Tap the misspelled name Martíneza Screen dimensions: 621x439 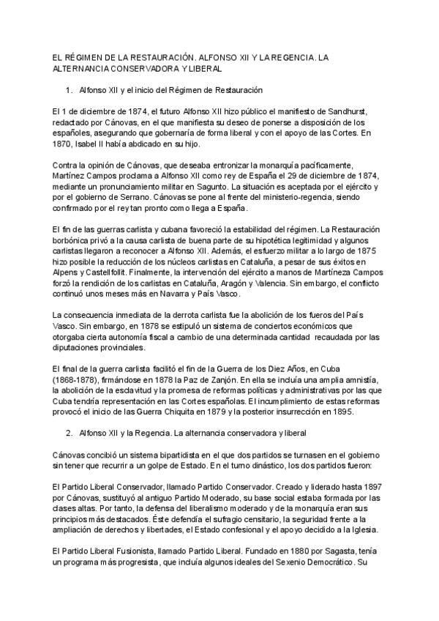coord(316,272)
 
